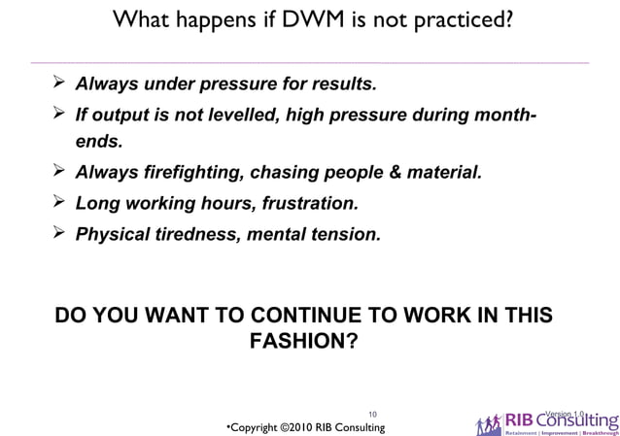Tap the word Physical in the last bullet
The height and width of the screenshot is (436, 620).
pyautogui.click(x=114, y=234)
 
